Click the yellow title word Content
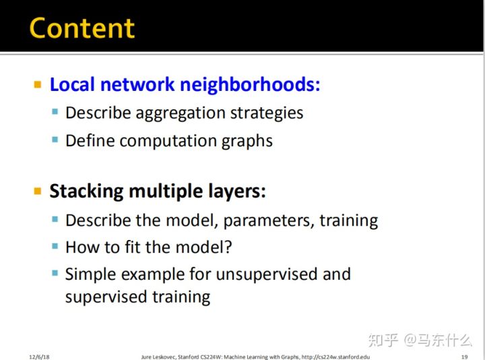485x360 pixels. [x=82, y=28]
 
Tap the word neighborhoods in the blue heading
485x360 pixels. [x=250, y=84]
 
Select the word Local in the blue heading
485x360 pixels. [x=72, y=84]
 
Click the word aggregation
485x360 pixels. [x=181, y=113]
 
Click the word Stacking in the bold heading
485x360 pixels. [x=86, y=191]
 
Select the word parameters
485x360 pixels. [x=268, y=221]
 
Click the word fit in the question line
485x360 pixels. [x=132, y=247]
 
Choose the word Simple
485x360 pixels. [x=90, y=275]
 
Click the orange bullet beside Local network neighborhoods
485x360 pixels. [x=38, y=84]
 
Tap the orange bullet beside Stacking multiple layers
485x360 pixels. [x=38, y=191]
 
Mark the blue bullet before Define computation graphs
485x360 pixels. [x=55, y=140]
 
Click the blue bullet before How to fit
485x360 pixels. [x=55, y=246]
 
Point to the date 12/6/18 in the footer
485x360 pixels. [x=39, y=357]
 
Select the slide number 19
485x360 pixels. [x=464, y=357]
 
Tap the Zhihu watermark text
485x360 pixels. [x=420, y=340]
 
